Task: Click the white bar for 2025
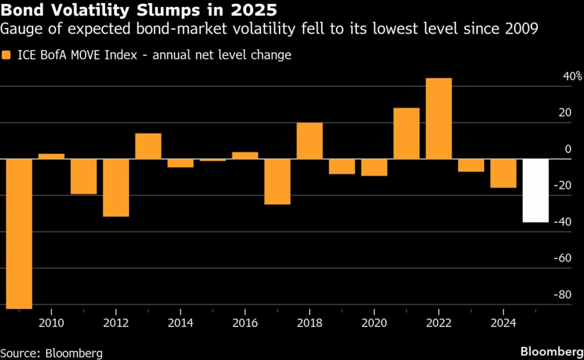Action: pos(535,191)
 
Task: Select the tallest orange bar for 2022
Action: pos(439,119)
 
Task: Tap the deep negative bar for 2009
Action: pos(19,234)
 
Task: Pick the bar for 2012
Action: pos(116,187)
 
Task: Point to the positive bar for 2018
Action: pos(310,141)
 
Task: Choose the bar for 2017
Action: pos(277,182)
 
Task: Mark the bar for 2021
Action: pos(406,134)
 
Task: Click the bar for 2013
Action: pos(148,146)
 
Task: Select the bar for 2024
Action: pos(504,173)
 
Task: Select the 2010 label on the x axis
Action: pos(51,323)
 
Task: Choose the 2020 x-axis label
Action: pos(374,323)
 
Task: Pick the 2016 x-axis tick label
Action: pos(245,323)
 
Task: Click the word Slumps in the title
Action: pos(162,10)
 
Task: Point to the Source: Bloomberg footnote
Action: pos(51,353)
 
